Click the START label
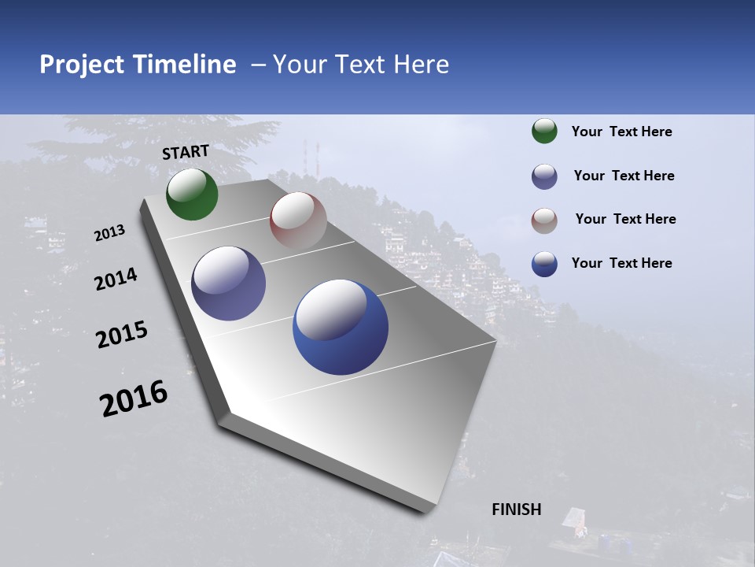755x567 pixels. pos(186,152)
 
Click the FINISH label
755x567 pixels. pos(517,510)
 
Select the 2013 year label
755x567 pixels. pos(109,233)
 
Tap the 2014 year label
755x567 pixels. pos(116,280)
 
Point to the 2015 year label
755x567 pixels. pos(121,335)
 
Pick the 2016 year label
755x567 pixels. pos(134,398)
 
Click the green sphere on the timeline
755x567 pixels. pos(192,195)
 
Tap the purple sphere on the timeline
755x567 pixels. pos(228,283)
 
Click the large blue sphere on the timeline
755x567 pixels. pos(340,327)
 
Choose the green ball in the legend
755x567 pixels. pos(544,132)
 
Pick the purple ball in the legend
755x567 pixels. pos(544,176)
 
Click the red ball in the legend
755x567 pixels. pos(544,220)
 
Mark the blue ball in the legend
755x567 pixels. pos(544,264)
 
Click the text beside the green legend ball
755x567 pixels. pos(621,132)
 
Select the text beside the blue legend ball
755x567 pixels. pos(621,263)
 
